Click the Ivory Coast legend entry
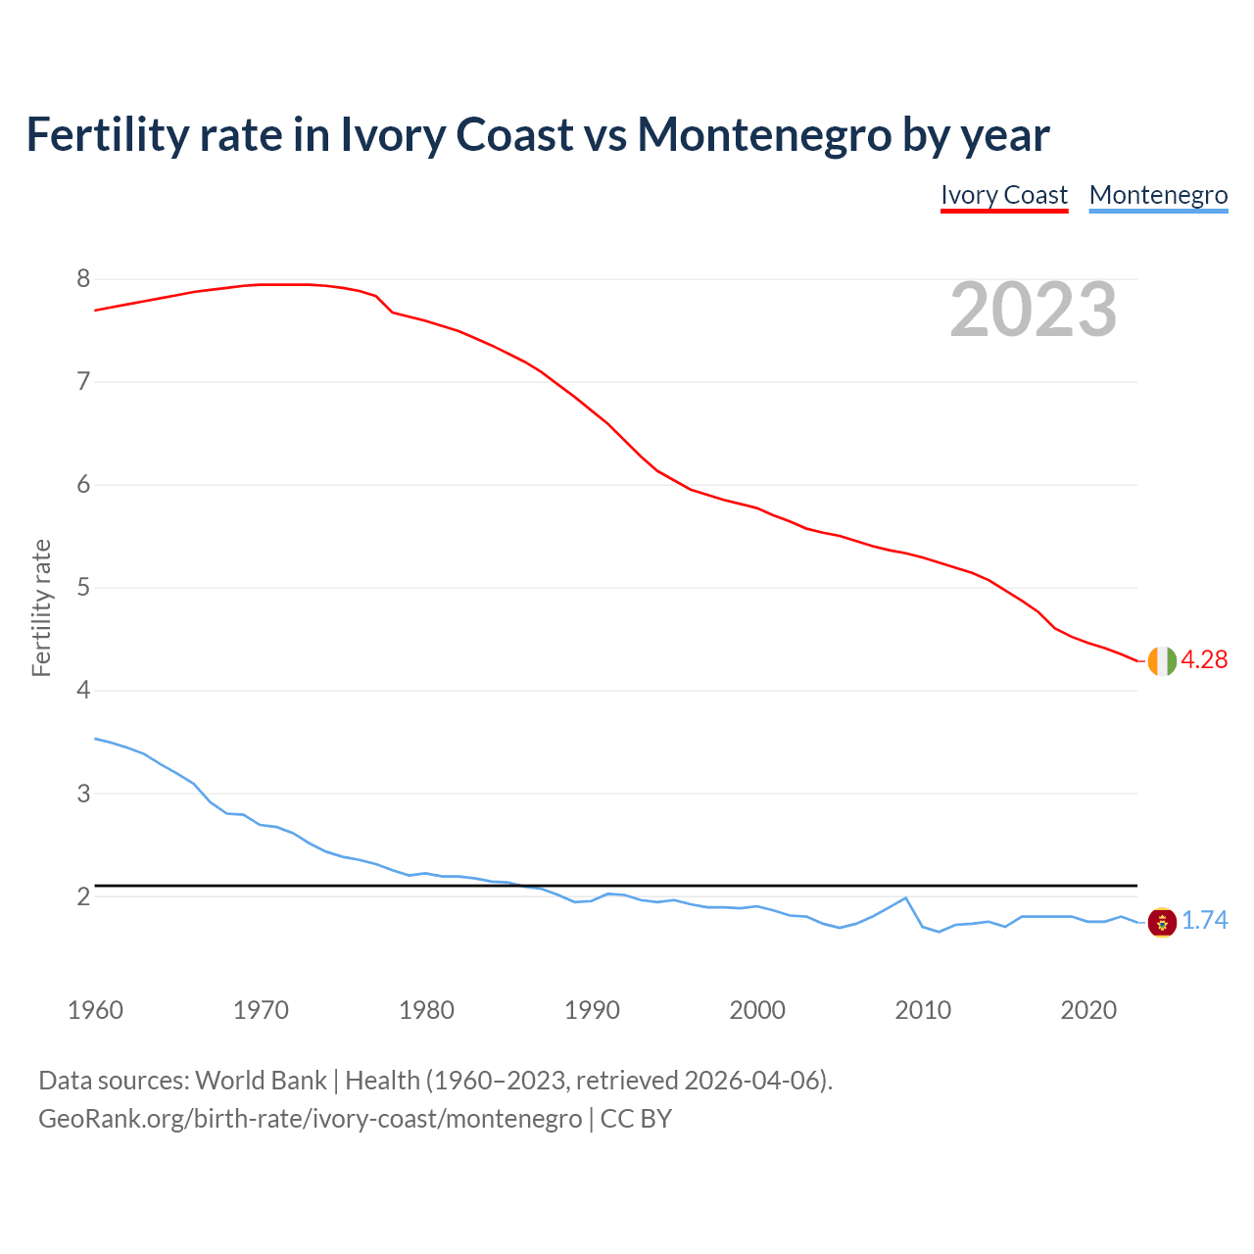(1003, 195)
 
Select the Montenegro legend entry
(1158, 195)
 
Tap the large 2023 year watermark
(1034, 310)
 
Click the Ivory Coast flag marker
(1162, 660)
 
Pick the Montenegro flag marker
(1162, 922)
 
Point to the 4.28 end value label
(1204, 660)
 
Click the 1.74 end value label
(1204, 921)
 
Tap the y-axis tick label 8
(83, 279)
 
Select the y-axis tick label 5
(83, 588)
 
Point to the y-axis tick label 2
(83, 896)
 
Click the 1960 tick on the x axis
(95, 1010)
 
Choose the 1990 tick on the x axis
(592, 1010)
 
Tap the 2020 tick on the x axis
(1088, 1010)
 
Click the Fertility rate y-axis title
(41, 607)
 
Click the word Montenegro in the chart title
(764, 134)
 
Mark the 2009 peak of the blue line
(905, 897)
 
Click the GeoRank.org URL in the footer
(310, 1119)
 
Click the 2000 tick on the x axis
(757, 1010)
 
